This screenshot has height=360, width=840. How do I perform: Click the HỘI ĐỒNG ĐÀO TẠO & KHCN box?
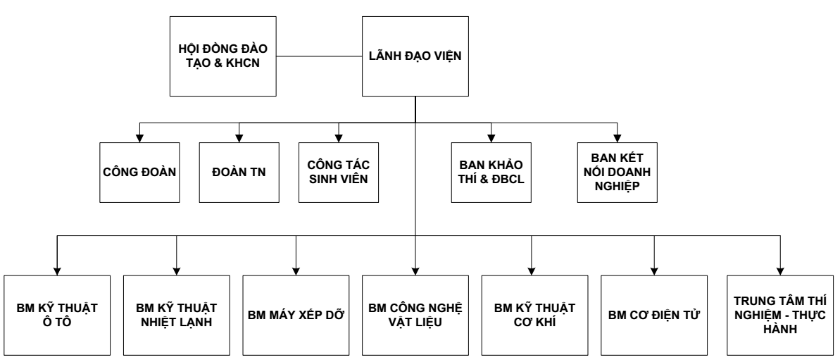click(223, 56)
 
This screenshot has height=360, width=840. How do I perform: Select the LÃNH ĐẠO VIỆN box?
click(415, 56)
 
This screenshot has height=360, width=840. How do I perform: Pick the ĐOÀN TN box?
click(239, 173)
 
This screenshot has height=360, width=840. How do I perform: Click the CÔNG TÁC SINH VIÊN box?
click(339, 173)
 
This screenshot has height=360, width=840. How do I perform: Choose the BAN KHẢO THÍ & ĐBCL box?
click(490, 173)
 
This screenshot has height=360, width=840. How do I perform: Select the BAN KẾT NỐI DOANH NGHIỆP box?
click(617, 173)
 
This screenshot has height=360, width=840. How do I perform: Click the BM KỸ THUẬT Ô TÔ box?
click(56, 314)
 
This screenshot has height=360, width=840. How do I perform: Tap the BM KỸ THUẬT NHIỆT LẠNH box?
click(176, 314)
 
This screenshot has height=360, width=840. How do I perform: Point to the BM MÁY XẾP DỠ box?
click(296, 314)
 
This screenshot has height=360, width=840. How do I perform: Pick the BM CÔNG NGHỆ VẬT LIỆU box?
click(415, 314)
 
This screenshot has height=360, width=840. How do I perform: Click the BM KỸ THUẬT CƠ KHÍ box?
click(534, 314)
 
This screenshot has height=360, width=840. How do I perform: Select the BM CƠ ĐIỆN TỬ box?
click(654, 314)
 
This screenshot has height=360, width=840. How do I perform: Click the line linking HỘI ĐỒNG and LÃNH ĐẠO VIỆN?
click(318, 54)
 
